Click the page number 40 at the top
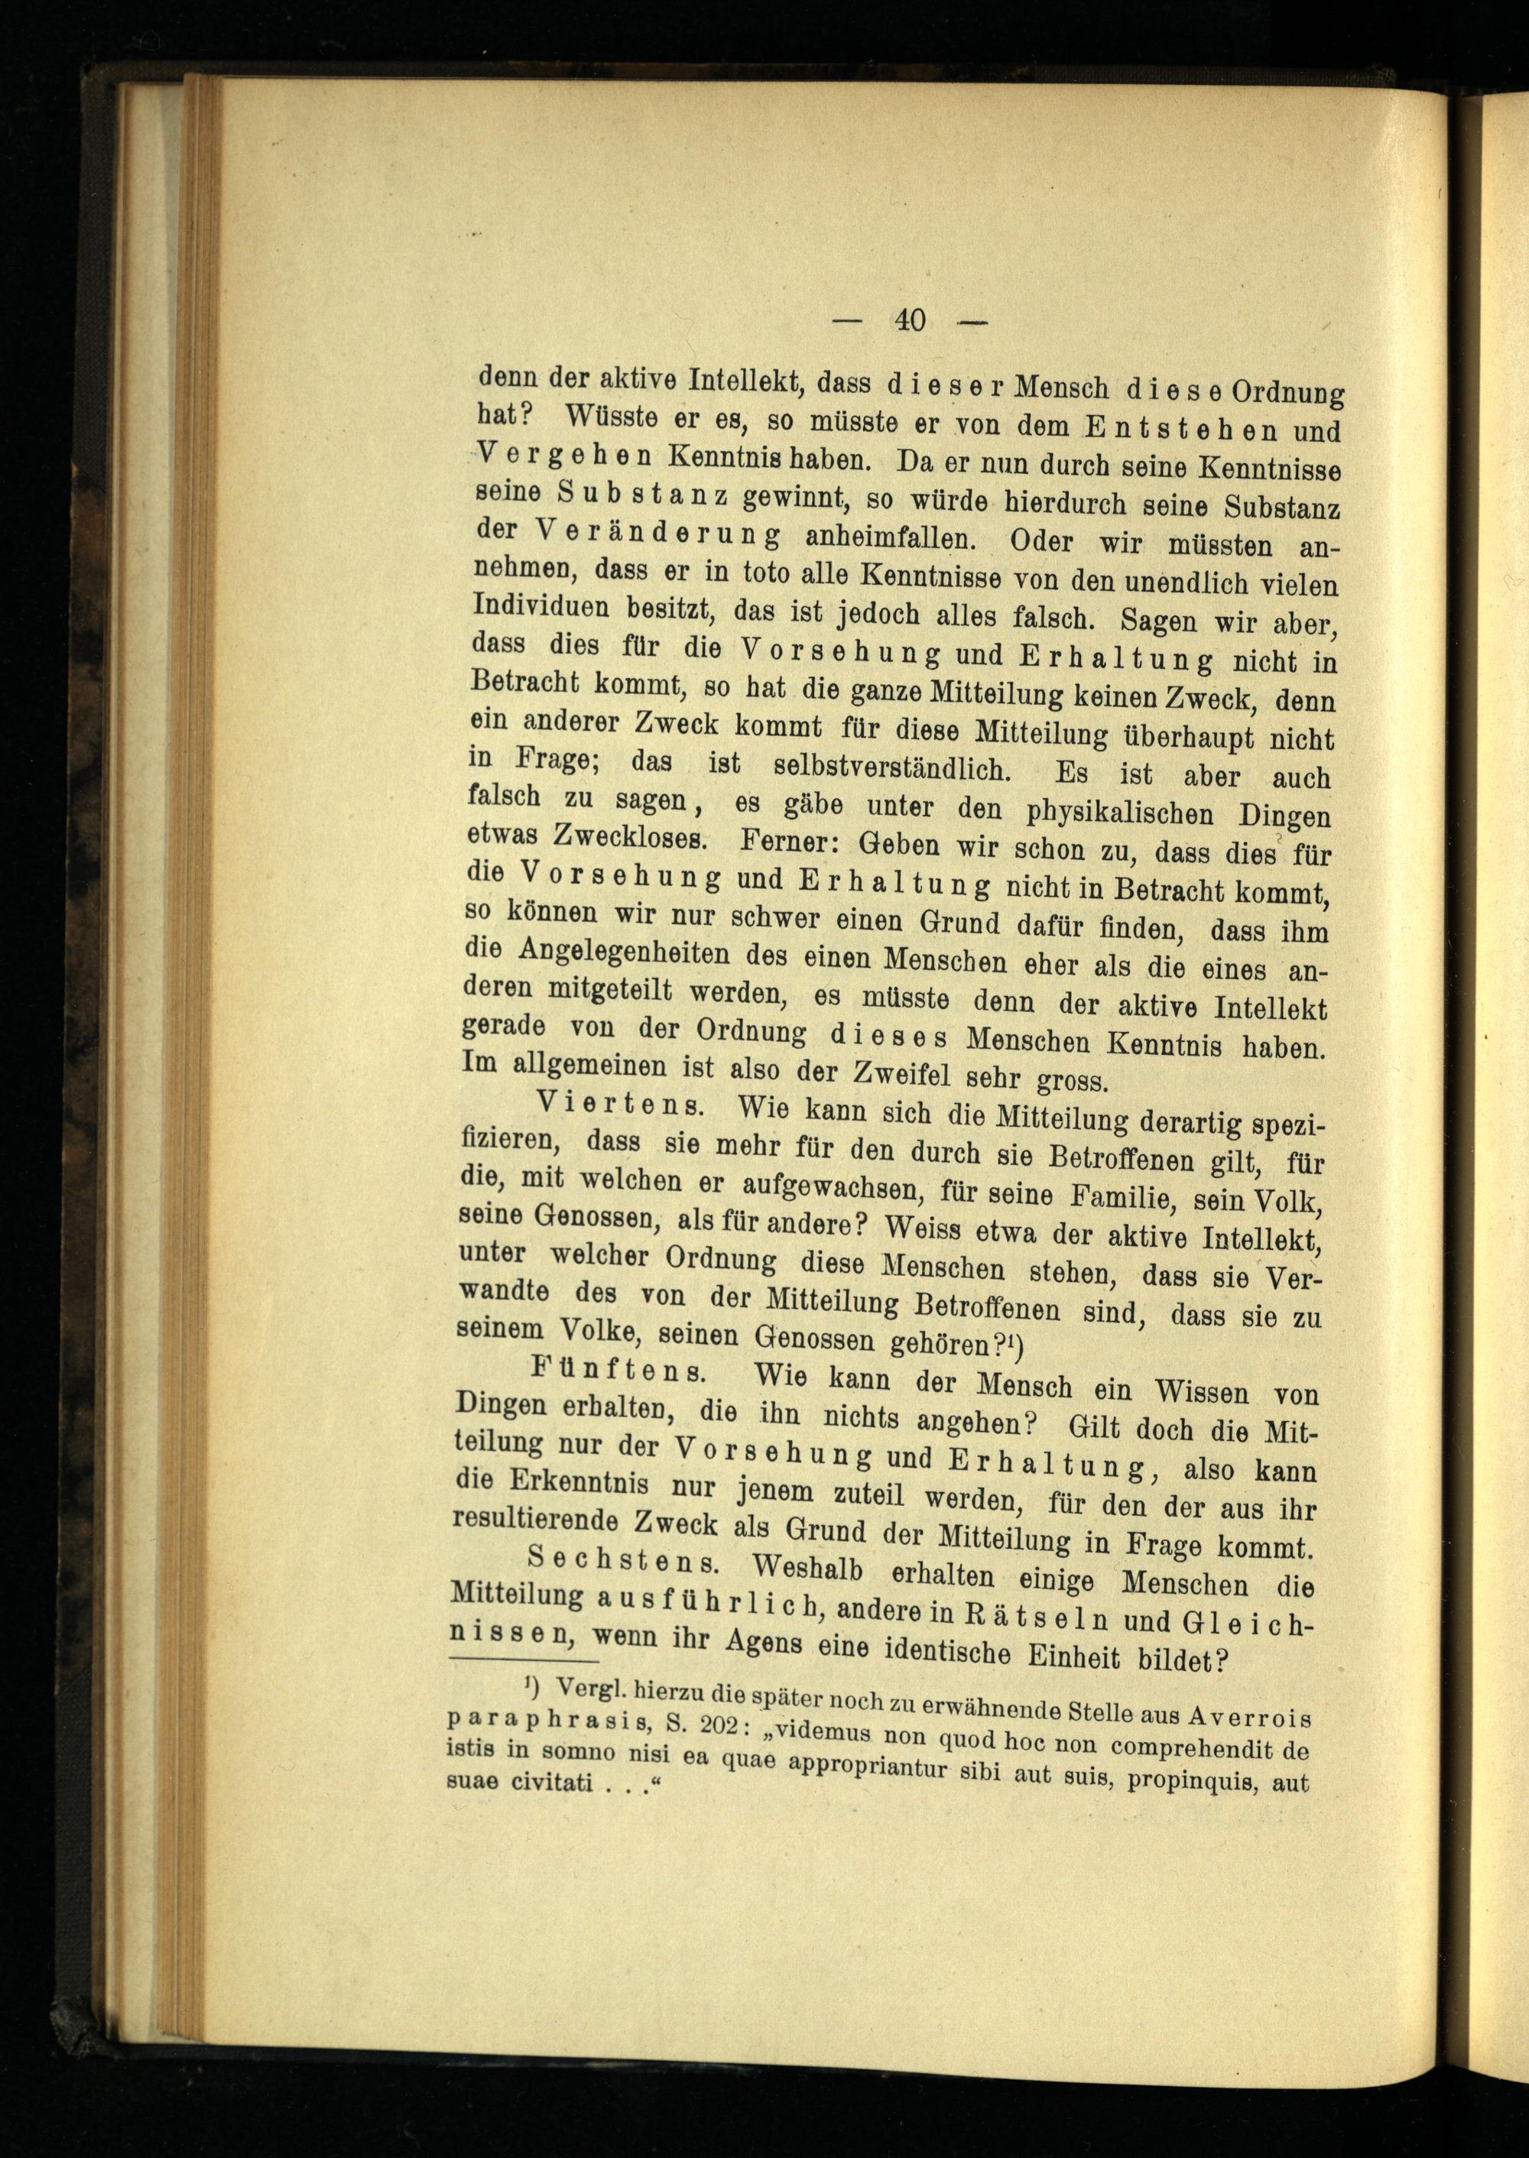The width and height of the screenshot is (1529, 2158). [911, 320]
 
